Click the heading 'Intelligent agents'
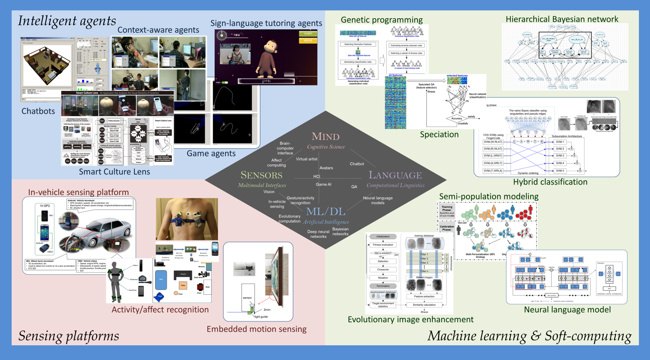pyautogui.click(x=67, y=21)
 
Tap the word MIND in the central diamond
pyautogui.click(x=325, y=137)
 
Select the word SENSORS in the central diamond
pyautogui.click(x=261, y=175)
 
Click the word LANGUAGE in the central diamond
pyautogui.click(x=395, y=175)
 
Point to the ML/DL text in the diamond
pyautogui.click(x=325, y=211)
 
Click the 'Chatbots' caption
pyautogui.click(x=38, y=111)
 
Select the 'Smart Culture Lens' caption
pyautogui.click(x=114, y=172)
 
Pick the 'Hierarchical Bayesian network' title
pyautogui.click(x=562, y=19)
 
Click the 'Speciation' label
pyautogui.click(x=439, y=135)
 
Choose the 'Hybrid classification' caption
pyautogui.click(x=550, y=182)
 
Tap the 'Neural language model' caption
pyautogui.click(x=567, y=310)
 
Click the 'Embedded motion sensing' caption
pyautogui.click(x=257, y=329)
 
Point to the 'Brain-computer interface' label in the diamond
pyautogui.click(x=285, y=148)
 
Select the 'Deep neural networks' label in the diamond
pyautogui.click(x=318, y=234)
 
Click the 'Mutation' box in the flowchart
pyautogui.click(x=383, y=278)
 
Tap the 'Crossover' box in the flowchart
pyautogui.click(x=383, y=270)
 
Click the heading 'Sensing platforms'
pyautogui.click(x=68, y=336)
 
